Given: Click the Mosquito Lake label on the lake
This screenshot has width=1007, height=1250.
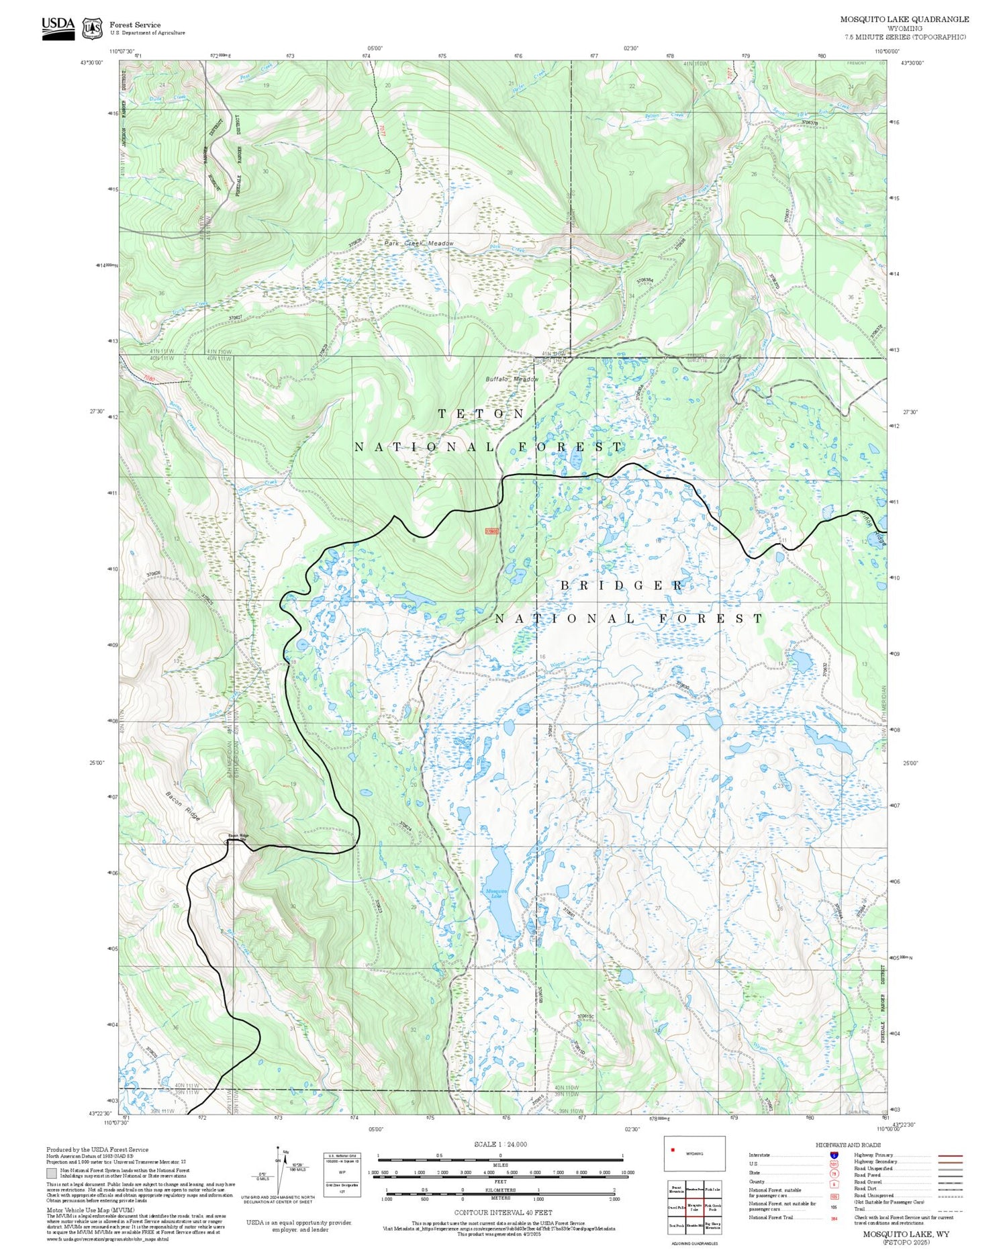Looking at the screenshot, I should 493,894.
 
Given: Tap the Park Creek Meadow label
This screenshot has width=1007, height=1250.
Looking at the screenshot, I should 419,244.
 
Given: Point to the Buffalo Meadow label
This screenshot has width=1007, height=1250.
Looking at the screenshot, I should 512,379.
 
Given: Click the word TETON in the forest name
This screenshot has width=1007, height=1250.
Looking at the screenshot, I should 481,414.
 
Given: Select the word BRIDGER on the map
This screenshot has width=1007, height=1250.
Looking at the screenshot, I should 622,585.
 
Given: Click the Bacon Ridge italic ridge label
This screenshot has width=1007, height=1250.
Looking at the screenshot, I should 183,806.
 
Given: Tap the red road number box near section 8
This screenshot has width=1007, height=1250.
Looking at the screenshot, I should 492,531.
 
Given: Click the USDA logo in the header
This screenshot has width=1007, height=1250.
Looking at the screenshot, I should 58,28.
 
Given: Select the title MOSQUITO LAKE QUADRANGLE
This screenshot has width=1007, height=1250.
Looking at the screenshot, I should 904,19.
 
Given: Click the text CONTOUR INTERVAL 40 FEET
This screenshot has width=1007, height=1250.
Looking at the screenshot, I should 503,1212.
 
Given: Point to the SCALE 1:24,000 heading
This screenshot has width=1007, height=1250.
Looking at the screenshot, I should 500,1144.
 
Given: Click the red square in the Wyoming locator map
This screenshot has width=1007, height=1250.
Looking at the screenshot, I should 672,1150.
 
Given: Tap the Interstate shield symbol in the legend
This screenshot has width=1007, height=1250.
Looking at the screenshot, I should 834,1155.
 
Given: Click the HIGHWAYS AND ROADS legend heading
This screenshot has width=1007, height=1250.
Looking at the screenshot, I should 848,1145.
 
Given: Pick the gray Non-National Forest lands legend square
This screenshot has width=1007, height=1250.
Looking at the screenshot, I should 52,1173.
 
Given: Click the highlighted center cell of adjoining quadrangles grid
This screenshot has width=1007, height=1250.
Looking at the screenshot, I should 694,1207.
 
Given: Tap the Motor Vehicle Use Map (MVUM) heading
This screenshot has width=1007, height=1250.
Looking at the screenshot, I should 79,1210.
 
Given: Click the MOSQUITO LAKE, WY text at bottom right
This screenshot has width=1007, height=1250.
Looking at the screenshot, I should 906,1234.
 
